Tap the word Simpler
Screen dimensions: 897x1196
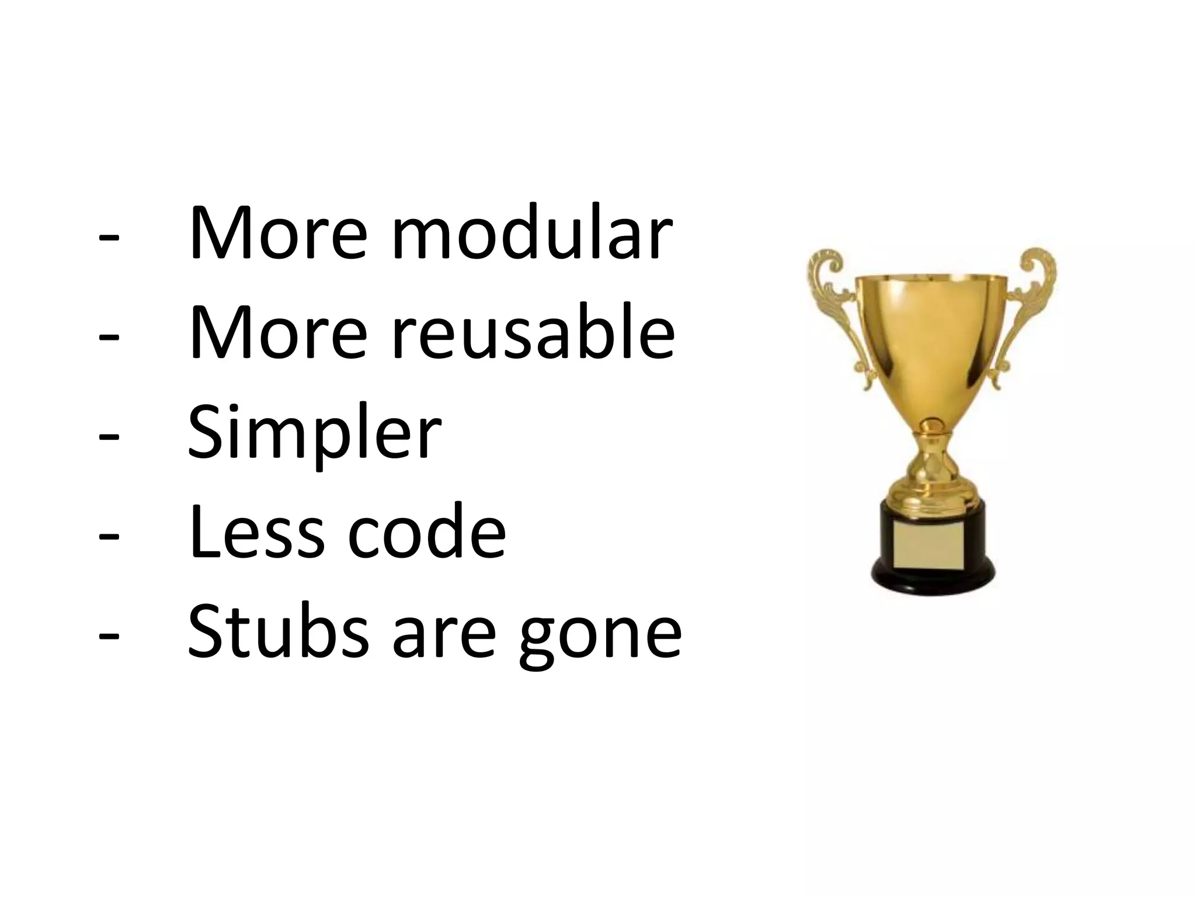[x=314, y=433]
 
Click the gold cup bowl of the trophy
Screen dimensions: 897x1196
[x=933, y=339]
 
